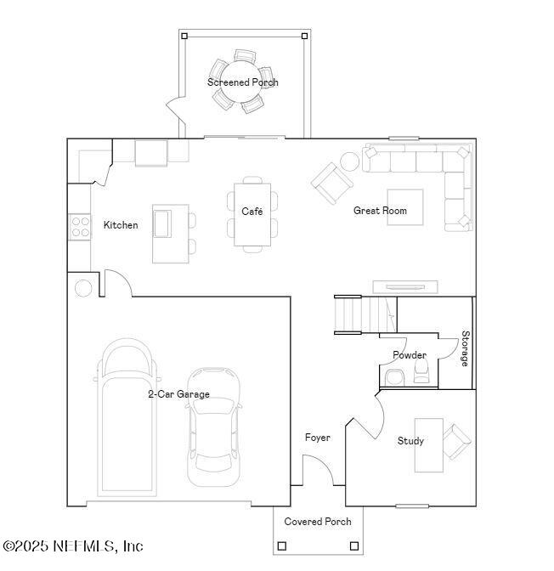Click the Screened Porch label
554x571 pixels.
[x=243, y=82]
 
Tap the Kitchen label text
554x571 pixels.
[x=121, y=225]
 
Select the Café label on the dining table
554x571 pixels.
[x=252, y=212]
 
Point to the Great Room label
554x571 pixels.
[x=380, y=211]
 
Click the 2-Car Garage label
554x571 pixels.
[x=178, y=394]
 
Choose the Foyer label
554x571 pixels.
[x=318, y=438]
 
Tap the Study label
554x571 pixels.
[x=410, y=441]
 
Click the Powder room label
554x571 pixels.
[x=409, y=355]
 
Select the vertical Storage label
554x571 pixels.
[x=465, y=348]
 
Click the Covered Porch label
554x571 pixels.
[x=317, y=522]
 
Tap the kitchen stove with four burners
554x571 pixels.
[x=80, y=227]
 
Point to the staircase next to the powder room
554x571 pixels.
[x=350, y=315]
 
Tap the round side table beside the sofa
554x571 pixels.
[x=349, y=161]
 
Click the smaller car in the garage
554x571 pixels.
[x=212, y=425]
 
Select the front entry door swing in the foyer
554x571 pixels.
[x=316, y=470]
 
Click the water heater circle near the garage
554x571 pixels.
[x=83, y=288]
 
